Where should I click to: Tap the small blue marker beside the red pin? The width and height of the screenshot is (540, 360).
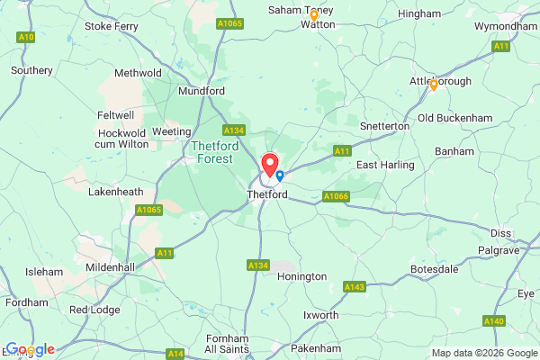tap(280, 175)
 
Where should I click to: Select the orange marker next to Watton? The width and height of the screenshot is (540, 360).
tap(314, 15)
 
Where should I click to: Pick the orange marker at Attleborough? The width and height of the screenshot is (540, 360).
tap(433, 85)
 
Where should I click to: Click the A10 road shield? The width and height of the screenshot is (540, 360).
tap(25, 37)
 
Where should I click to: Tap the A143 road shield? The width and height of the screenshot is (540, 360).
tap(354, 286)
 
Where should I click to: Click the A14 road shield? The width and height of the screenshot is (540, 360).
tap(176, 354)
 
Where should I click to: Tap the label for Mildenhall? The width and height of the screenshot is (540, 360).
tap(109, 267)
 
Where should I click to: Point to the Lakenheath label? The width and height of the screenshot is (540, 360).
tap(116, 192)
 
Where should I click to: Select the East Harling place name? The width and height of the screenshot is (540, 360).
tap(385, 165)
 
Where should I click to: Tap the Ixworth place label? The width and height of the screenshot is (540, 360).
tap(321, 315)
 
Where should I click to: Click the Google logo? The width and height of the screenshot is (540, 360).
tap(31, 349)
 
